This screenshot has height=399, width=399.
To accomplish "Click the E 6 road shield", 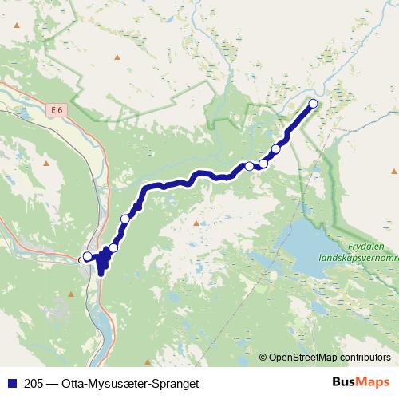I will point(55,110).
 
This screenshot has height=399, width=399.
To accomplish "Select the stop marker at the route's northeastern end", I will point(313,104).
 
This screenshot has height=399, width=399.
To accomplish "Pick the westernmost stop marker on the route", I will point(87,257).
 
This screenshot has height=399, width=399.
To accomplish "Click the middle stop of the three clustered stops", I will point(263,164).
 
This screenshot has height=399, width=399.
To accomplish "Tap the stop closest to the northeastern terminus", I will point(276,148).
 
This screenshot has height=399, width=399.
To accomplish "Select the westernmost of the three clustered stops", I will point(249,166).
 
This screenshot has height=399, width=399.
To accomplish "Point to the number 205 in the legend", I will point(34,383).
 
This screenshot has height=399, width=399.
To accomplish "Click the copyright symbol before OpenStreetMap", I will point(263,358).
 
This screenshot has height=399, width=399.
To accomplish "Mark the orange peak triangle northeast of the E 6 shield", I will point(117,57).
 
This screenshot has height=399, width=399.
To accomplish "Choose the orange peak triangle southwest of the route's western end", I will point(69,294).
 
